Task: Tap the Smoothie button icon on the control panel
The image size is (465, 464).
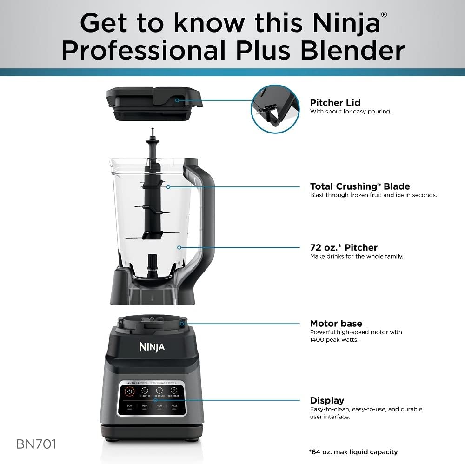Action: pos(145,391)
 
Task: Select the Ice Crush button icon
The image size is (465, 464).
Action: pos(159,391)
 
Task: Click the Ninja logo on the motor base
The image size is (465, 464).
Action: pos(152,347)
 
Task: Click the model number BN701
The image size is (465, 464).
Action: pos(36,444)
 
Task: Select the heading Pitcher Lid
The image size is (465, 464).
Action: pos(335,103)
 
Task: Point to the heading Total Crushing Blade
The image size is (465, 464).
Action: pos(360,186)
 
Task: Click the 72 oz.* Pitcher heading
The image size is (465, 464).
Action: pos(344,247)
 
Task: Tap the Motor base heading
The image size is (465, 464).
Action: pos(336,324)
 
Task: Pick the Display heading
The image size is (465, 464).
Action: pos(327,400)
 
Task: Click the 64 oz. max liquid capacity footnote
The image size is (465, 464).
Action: pos(353,452)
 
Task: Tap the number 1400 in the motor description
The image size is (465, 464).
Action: pos(318,340)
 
